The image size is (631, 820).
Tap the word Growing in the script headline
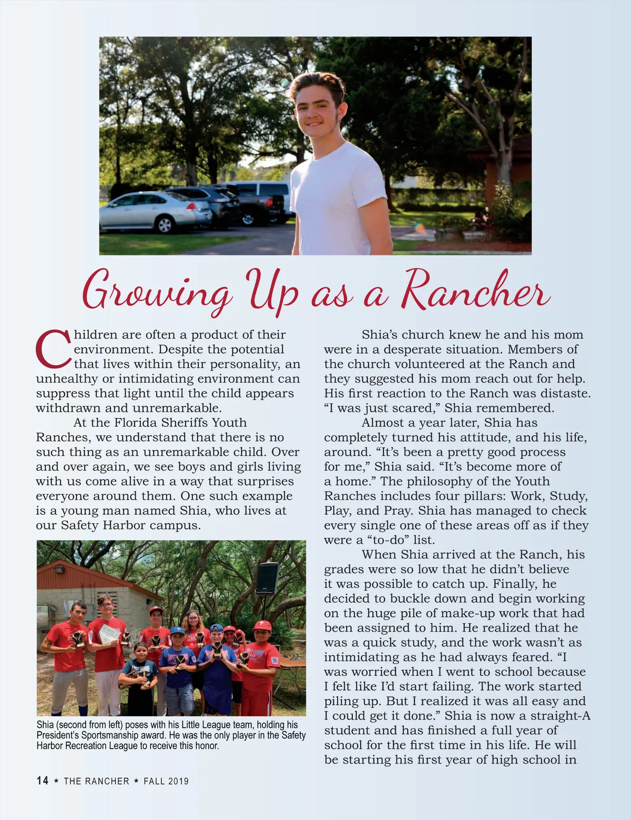pyautogui.click(x=156, y=291)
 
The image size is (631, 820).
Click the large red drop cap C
pyautogui.click(x=53, y=349)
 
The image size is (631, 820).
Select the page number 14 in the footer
pyautogui.click(x=43, y=781)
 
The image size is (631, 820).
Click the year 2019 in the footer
pyautogui.click(x=178, y=781)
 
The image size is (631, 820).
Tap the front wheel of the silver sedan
pyautogui.click(x=165, y=225)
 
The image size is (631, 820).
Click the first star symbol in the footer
pyautogui.click(x=56, y=781)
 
